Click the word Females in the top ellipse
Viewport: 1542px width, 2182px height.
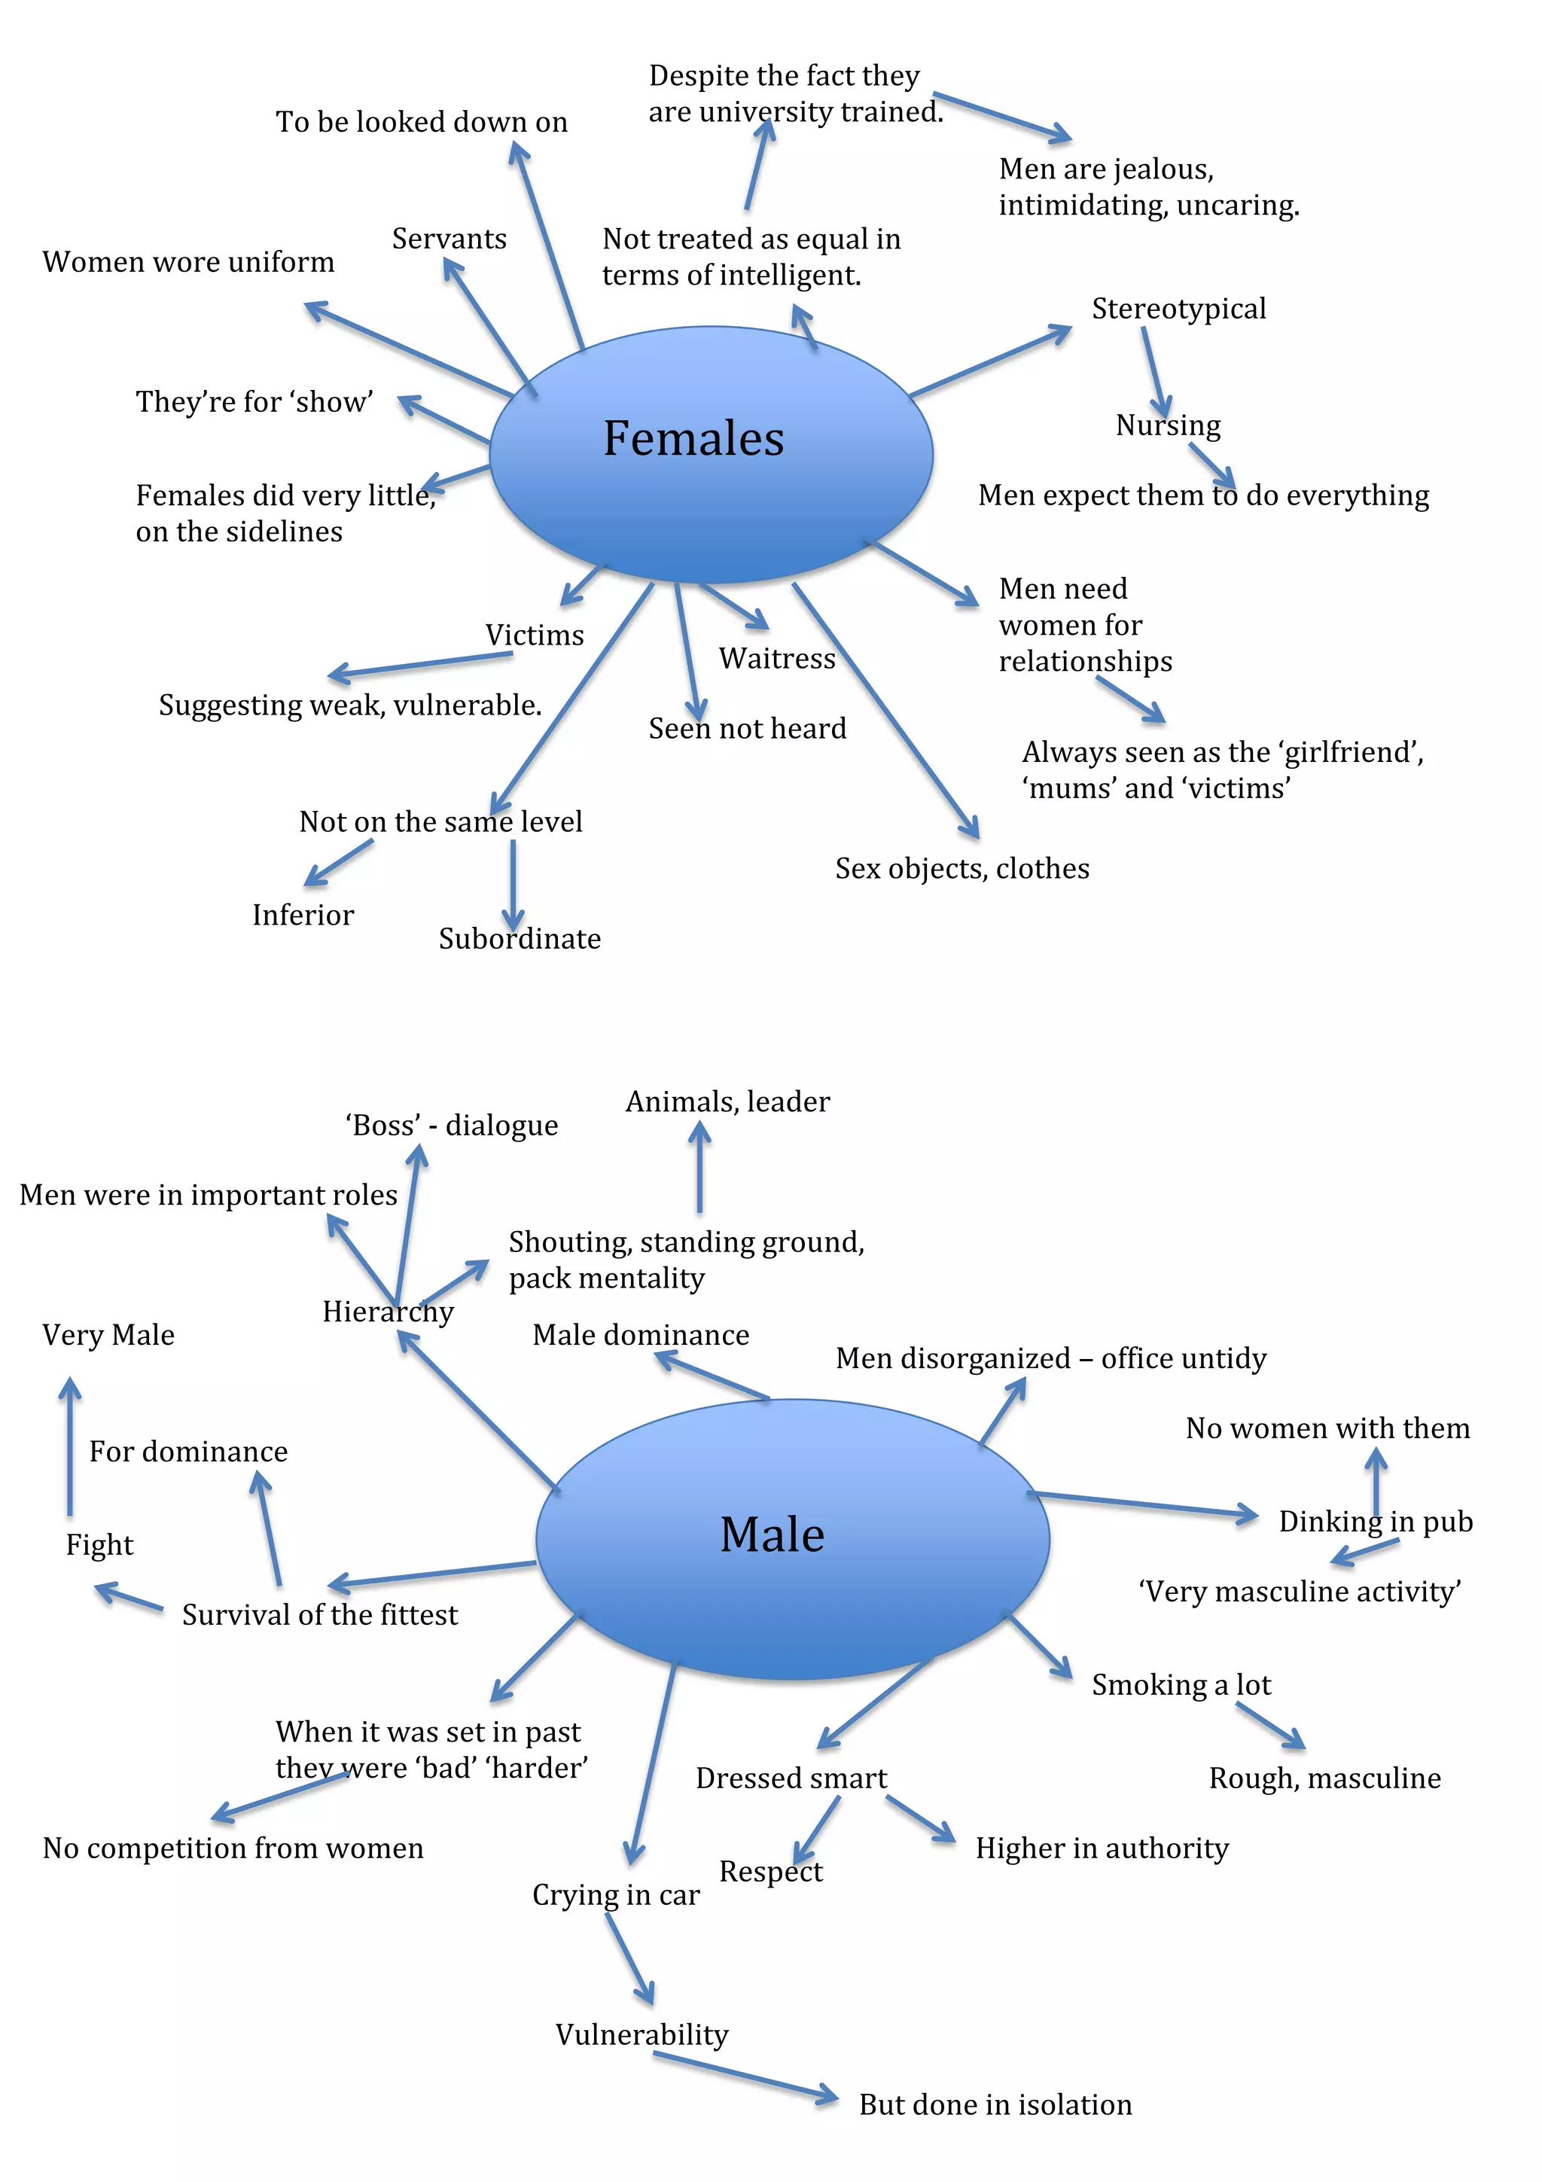(x=693, y=438)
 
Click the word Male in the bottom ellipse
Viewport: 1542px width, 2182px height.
(x=772, y=1534)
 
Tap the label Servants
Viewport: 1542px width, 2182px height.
(x=449, y=239)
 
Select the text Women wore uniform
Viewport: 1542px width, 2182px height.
(x=188, y=261)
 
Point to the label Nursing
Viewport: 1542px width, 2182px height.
(x=1168, y=425)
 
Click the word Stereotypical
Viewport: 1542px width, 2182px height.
(x=1178, y=308)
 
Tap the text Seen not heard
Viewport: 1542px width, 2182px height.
(x=747, y=728)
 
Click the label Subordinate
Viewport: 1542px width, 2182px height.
(x=519, y=938)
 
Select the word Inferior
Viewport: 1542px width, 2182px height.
(x=302, y=914)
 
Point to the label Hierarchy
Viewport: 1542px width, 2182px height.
(x=388, y=1312)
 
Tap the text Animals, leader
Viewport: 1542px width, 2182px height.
(x=727, y=1102)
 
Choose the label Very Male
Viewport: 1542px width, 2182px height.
(x=108, y=1334)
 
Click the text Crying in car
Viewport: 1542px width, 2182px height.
(x=616, y=1894)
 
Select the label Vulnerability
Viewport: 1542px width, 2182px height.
(x=641, y=2034)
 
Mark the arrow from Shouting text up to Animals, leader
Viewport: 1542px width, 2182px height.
(x=699, y=1168)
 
